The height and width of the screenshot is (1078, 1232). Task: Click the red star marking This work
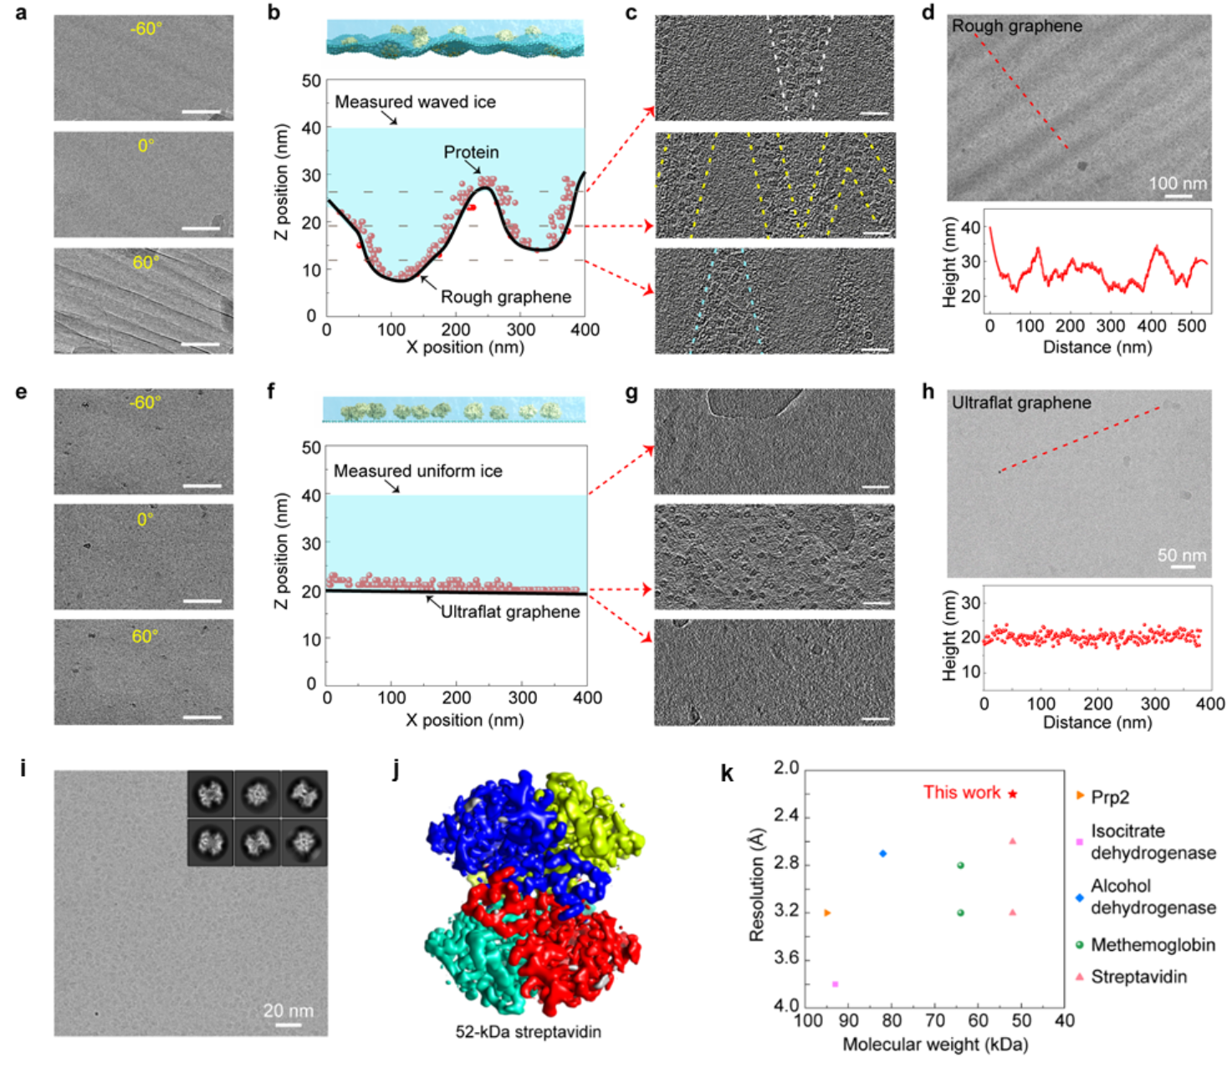pos(1013,794)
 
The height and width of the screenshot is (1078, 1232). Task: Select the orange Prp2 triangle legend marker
pos(1080,795)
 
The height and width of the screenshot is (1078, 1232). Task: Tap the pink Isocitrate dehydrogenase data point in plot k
pos(835,984)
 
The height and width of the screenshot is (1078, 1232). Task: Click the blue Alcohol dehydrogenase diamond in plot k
pos(882,853)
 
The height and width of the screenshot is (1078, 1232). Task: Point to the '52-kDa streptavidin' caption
pos(528,1031)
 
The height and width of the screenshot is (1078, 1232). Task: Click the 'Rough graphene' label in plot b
pos(506,297)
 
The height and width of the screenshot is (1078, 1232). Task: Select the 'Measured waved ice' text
pos(415,102)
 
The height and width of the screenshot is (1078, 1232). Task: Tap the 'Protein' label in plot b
pos(471,152)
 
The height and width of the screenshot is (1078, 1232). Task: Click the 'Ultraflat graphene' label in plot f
pos(510,611)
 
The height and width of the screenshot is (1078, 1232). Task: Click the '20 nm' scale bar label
pos(289,1010)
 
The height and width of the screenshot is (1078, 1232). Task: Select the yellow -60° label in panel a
pos(146,29)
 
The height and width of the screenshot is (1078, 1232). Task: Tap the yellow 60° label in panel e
pos(146,636)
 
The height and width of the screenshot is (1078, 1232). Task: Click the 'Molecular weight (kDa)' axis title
pos(935,1044)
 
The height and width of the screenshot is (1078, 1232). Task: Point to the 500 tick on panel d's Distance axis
pos(1190,326)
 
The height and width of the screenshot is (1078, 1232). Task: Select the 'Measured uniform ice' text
pos(418,471)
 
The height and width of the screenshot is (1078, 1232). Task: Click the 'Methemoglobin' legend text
pos(1153,945)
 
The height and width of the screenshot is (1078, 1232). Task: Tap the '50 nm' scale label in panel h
pos(1182,555)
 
